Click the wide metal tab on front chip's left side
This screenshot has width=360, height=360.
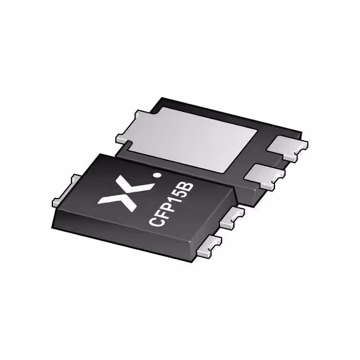pos(66,191)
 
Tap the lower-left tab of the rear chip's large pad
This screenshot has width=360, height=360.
pos(122,139)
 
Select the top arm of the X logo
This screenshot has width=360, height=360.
pos(136,179)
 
